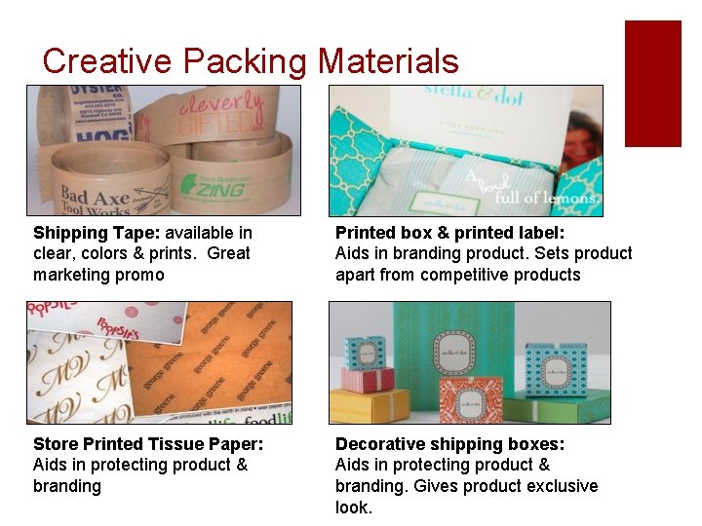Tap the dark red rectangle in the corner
click(652, 83)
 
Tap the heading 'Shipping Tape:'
click(97, 233)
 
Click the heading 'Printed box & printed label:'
click(449, 233)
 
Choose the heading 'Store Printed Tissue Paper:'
click(148, 444)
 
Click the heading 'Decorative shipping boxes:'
click(449, 444)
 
